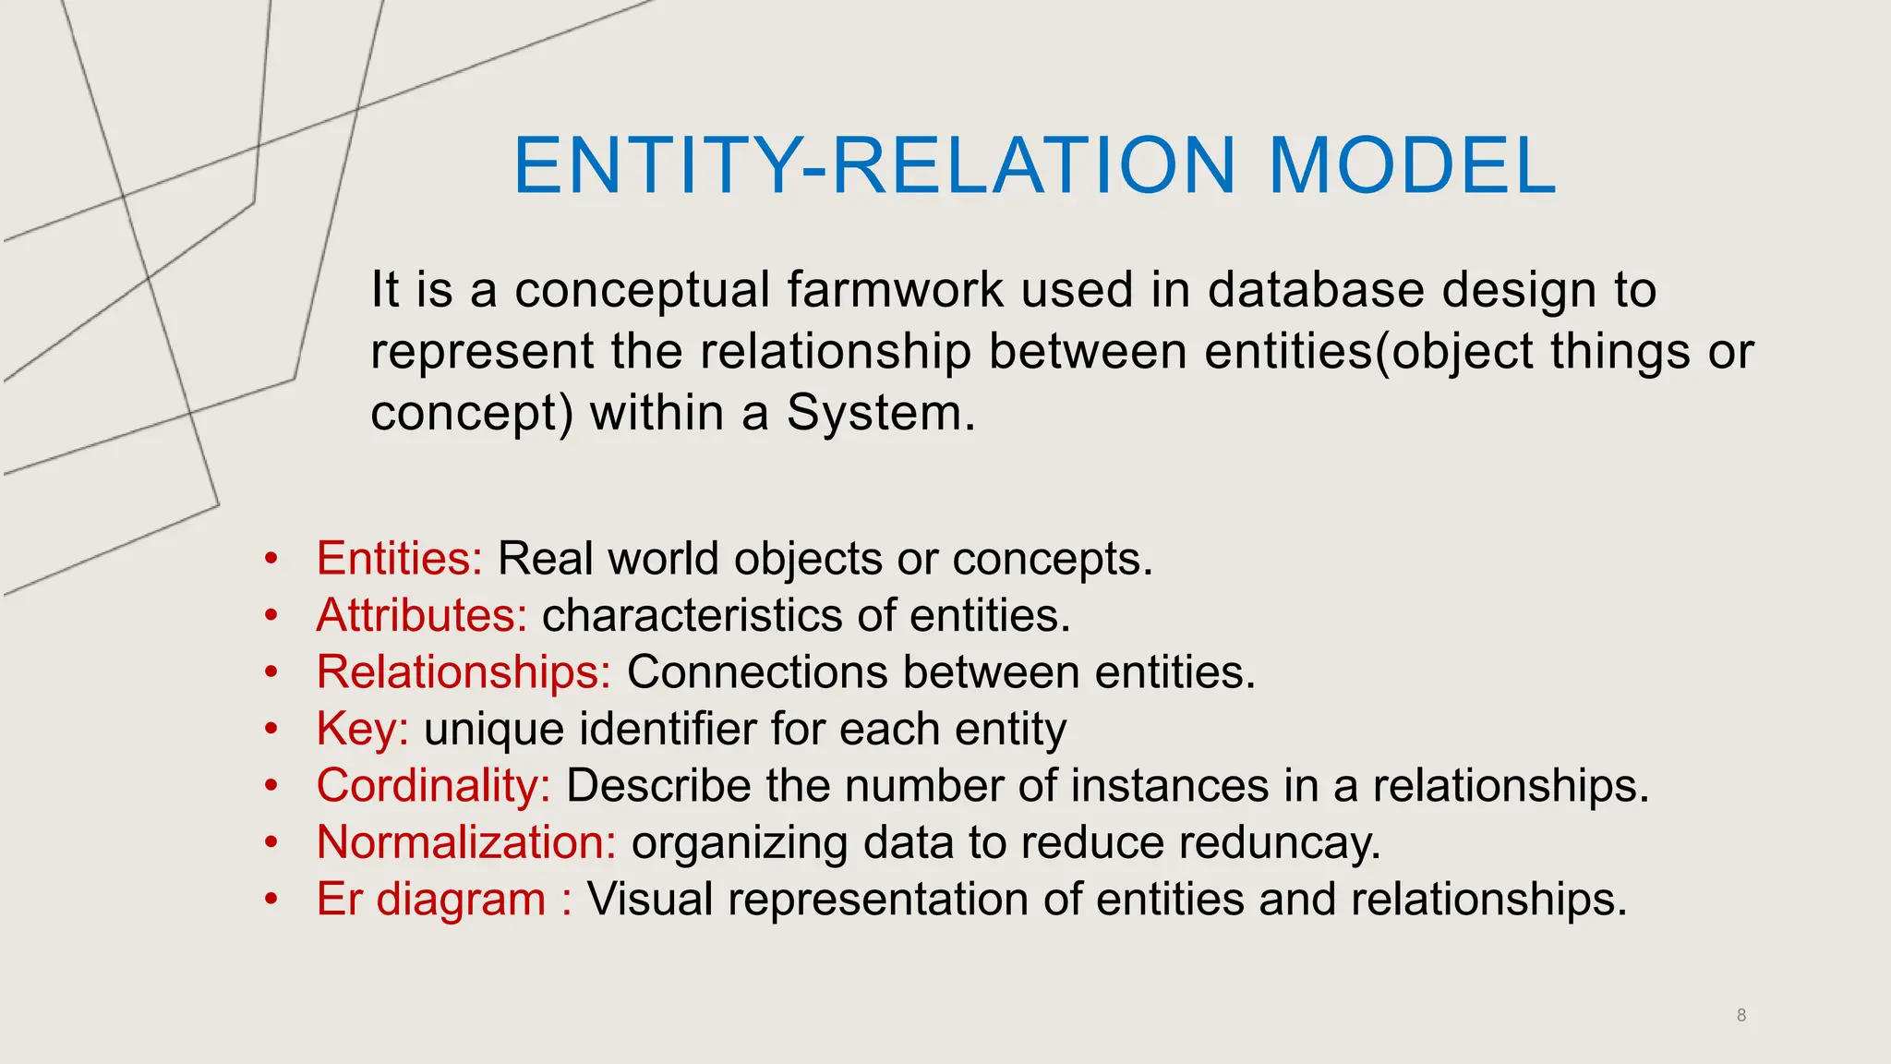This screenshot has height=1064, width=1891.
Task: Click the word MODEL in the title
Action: [x=1413, y=166]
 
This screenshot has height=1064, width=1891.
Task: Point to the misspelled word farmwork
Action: [x=895, y=289]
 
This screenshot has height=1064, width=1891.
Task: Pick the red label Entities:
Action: [x=399, y=559]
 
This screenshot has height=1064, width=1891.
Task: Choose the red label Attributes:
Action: [x=421, y=615]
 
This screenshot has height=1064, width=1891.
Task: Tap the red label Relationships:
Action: [x=464, y=671]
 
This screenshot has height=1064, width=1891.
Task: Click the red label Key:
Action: [x=362, y=729]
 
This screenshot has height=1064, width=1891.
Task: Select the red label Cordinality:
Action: [x=433, y=785]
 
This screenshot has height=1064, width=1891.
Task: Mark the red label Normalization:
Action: [x=466, y=842]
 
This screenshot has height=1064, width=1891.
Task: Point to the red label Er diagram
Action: [x=431, y=899]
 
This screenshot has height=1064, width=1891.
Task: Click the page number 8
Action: [x=1741, y=1015]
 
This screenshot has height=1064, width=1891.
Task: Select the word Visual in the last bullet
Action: [x=650, y=899]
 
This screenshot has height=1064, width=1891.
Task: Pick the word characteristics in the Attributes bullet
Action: [x=692, y=615]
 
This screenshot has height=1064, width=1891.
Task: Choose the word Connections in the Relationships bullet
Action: [x=756, y=671]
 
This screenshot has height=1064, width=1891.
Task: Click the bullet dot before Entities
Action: [x=271, y=559]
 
